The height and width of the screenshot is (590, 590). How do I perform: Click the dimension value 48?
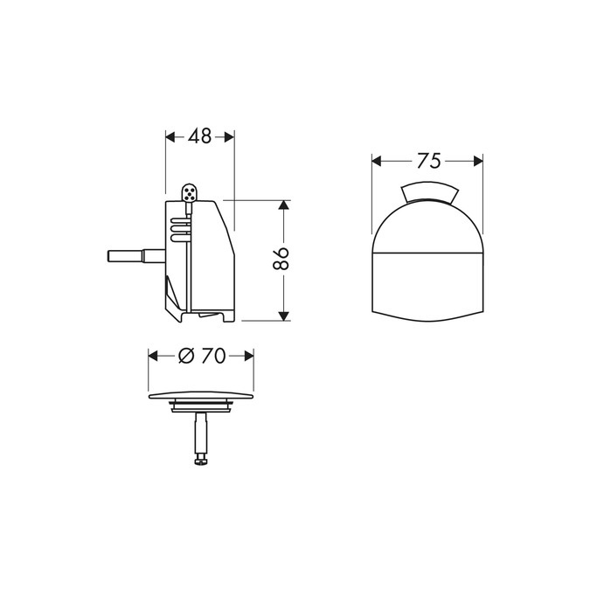pyautogui.click(x=200, y=136)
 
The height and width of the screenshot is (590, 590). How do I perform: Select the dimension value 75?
pyautogui.click(x=427, y=160)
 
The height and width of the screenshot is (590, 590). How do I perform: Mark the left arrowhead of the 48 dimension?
pyautogui.click(x=170, y=136)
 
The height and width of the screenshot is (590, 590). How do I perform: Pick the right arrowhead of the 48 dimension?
pyautogui.click(x=230, y=136)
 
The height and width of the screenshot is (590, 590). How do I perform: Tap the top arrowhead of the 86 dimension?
pyautogui.click(x=282, y=205)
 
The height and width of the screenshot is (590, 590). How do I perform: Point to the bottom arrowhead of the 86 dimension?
pyautogui.click(x=282, y=316)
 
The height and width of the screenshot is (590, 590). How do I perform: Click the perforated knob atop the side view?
pyautogui.click(x=190, y=191)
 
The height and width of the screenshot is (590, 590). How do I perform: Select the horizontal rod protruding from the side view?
pyautogui.click(x=131, y=257)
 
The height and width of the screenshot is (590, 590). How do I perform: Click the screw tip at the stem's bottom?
pyautogui.click(x=200, y=461)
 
